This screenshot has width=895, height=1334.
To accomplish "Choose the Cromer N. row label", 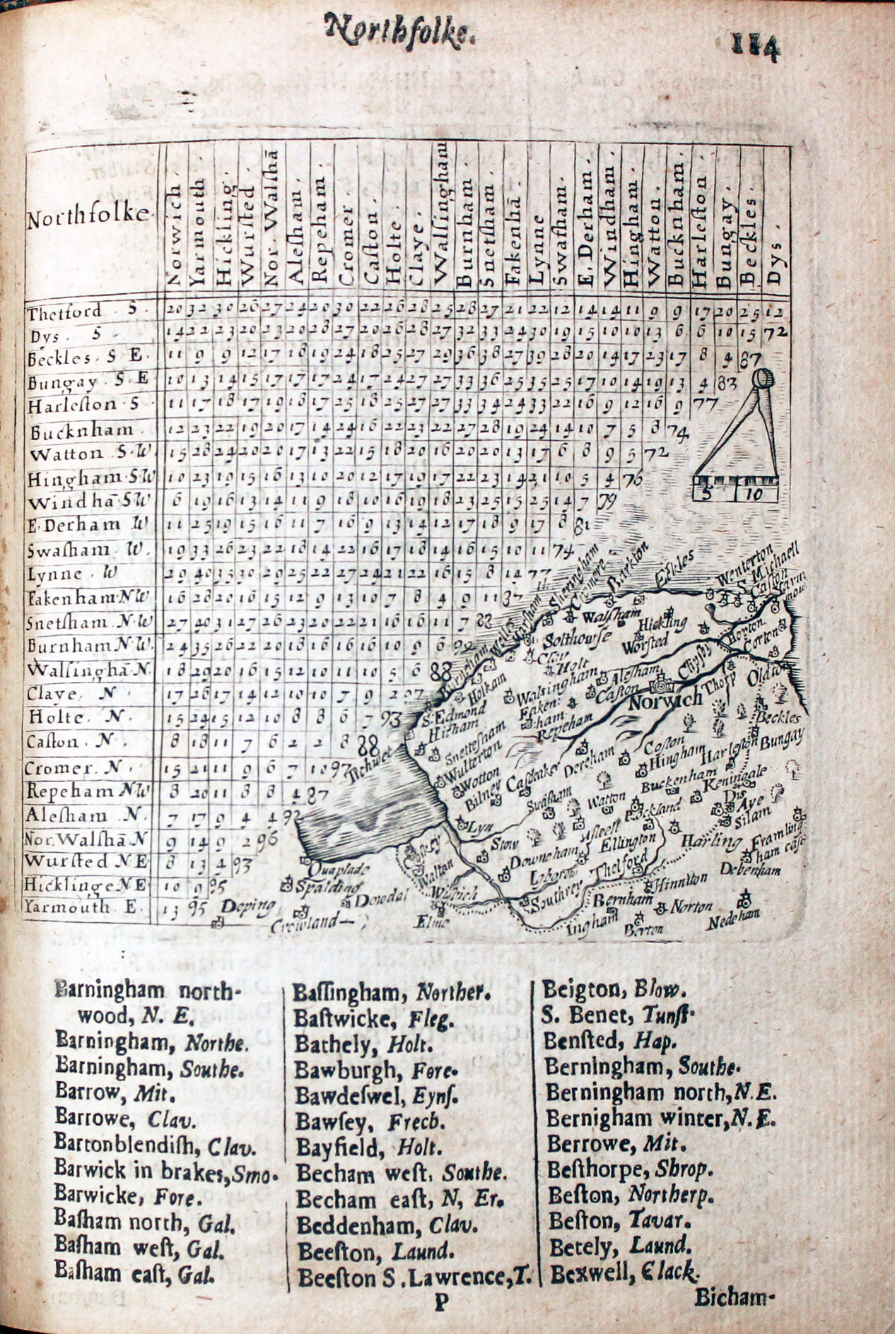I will [x=59, y=768].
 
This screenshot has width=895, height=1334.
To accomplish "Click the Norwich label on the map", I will [x=664, y=700].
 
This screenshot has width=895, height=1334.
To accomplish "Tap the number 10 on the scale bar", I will [x=754, y=495].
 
